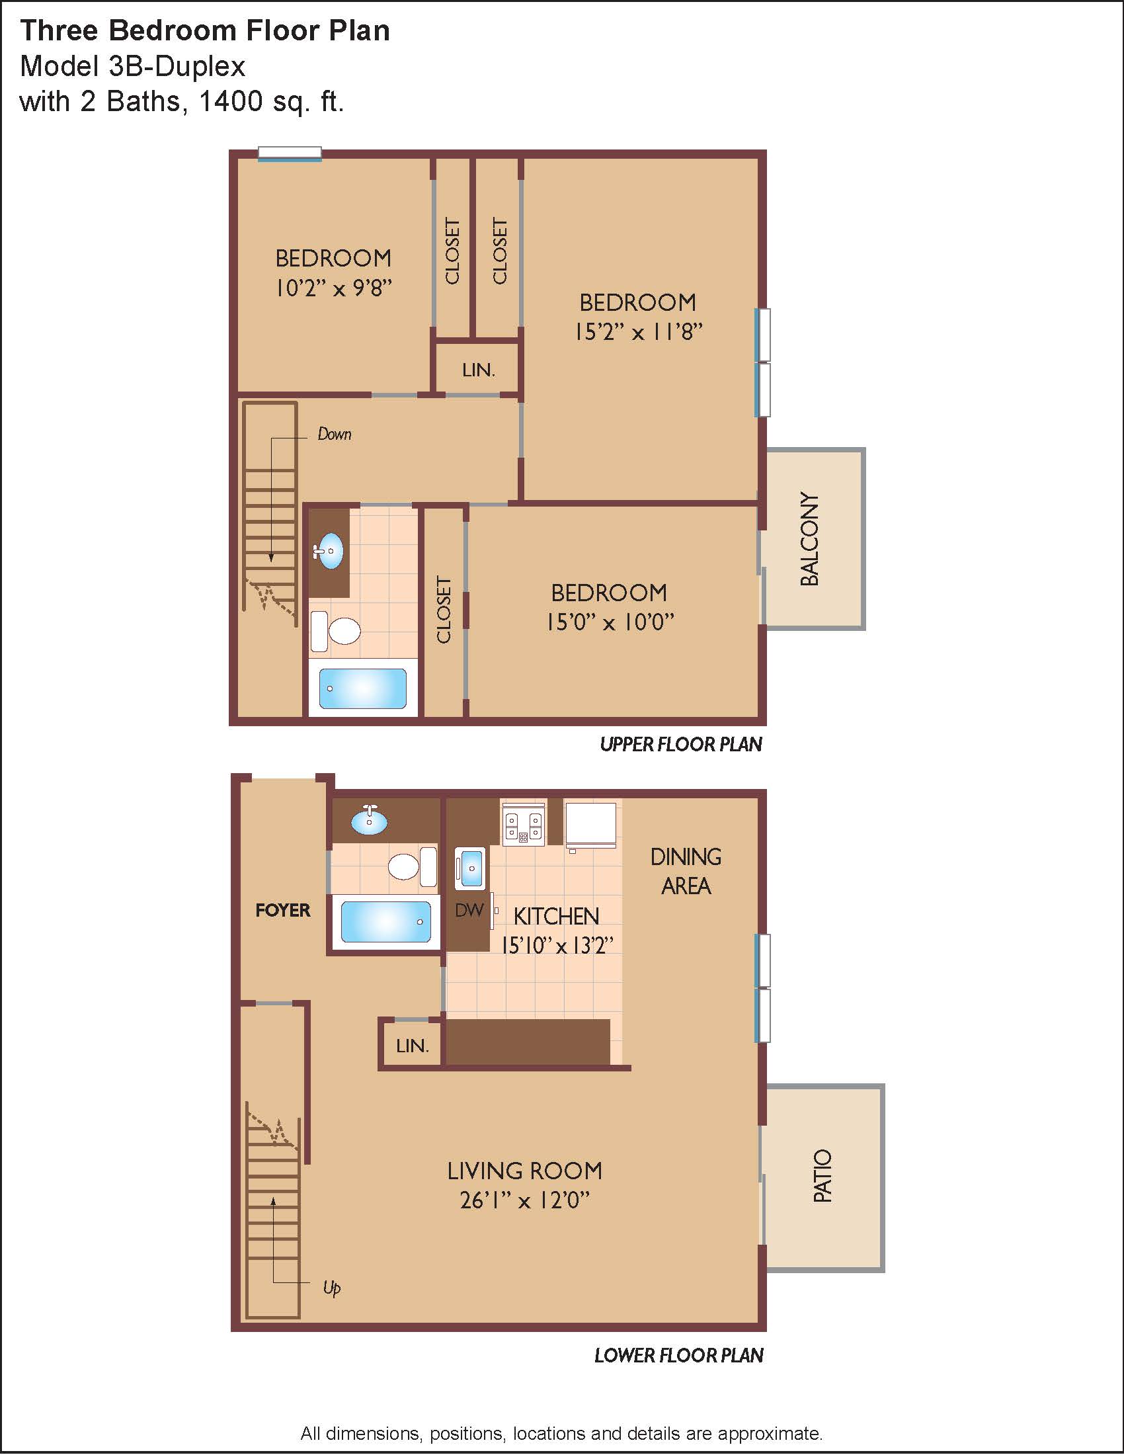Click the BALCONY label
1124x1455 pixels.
click(x=809, y=539)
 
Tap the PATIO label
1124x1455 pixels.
click(x=823, y=1176)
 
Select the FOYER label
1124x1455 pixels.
click(x=283, y=910)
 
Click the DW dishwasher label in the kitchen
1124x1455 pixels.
click(x=469, y=910)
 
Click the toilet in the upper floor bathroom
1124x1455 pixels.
click(x=337, y=631)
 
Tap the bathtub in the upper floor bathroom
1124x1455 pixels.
click(x=363, y=688)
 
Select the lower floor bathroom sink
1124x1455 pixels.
click(x=370, y=820)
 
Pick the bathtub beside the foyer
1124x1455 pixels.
click(x=386, y=921)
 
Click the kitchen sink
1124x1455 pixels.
click(x=470, y=868)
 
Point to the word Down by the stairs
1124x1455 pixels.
click(x=335, y=435)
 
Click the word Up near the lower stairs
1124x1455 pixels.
click(x=332, y=1286)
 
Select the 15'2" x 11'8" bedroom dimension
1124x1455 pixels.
click(x=639, y=332)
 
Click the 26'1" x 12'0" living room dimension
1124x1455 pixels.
click(x=525, y=1200)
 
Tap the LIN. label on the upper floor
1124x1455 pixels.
click(x=479, y=370)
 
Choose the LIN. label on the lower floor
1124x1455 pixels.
click(x=412, y=1046)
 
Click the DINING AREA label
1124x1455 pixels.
click(x=686, y=872)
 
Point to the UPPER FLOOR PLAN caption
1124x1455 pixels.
click(x=681, y=744)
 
